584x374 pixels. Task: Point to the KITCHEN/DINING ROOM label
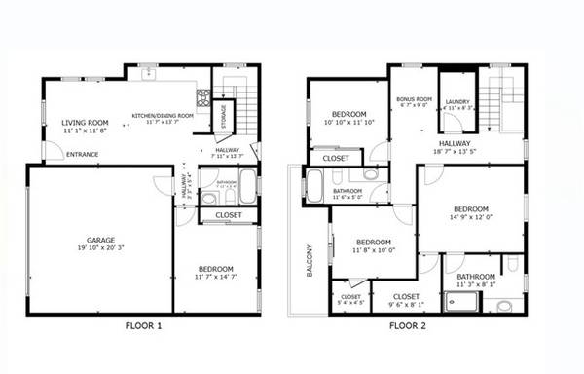[x=163, y=116]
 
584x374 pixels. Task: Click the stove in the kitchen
[x=204, y=97]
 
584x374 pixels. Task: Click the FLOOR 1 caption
[x=144, y=325]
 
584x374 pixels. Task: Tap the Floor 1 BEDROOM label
[x=215, y=269]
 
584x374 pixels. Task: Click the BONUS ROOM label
[x=413, y=99]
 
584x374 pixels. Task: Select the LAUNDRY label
[x=457, y=101]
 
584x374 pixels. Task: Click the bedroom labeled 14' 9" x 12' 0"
[x=470, y=208]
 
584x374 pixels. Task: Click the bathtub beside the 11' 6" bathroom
[x=314, y=184]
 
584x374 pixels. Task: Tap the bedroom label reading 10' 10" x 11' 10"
[x=347, y=114]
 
